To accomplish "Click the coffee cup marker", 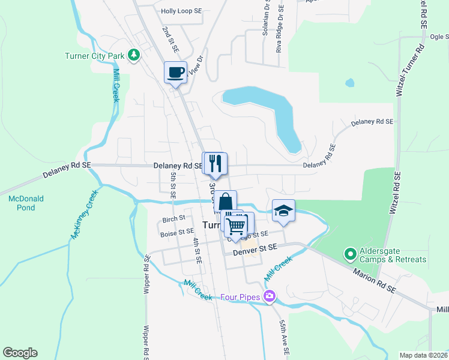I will pyautogui.click(x=175, y=73).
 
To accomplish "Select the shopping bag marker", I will pyautogui.click(x=226, y=202).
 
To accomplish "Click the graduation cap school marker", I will pyautogui.click(x=283, y=211).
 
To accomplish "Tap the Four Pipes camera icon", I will pyautogui.click(x=270, y=296).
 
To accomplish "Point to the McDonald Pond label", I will pyautogui.click(x=26, y=203).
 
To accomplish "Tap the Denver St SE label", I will pyautogui.click(x=255, y=247).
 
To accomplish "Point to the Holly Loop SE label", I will pyautogui.click(x=181, y=11).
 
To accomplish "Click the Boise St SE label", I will pyautogui.click(x=177, y=231).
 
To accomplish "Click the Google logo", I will pyautogui.click(x=20, y=353).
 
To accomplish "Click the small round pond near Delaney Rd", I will pyautogui.click(x=350, y=83).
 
